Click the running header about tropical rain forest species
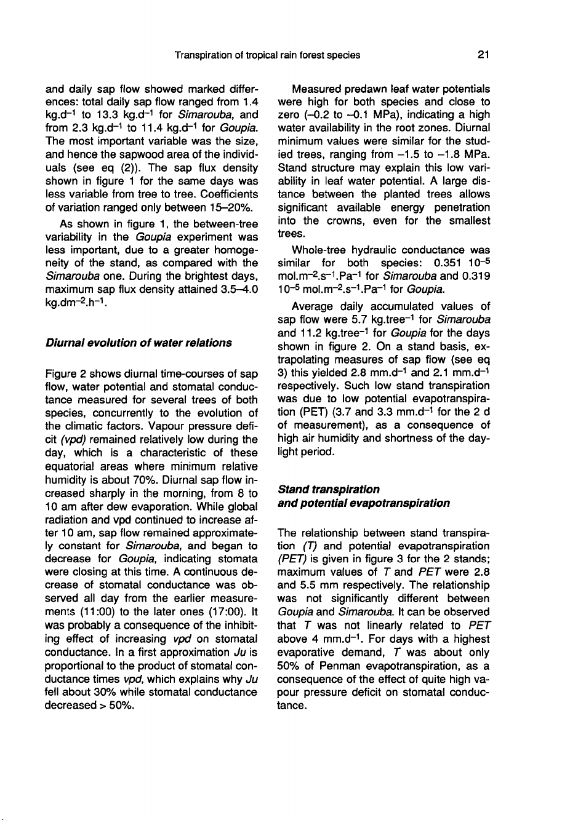point(267,55)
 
